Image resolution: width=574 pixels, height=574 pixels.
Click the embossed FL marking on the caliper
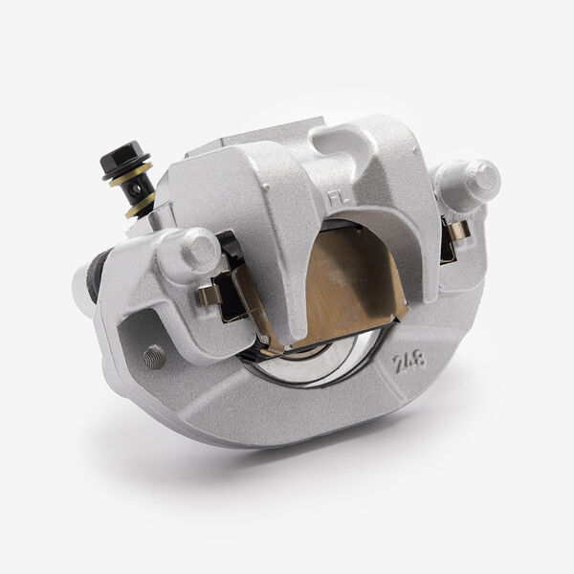pos(337,198)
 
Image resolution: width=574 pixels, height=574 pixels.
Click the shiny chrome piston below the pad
pos(316,364)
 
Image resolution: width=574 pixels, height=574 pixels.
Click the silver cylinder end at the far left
pos(82,287)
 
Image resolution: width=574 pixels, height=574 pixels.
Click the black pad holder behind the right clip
pos(447,244)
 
